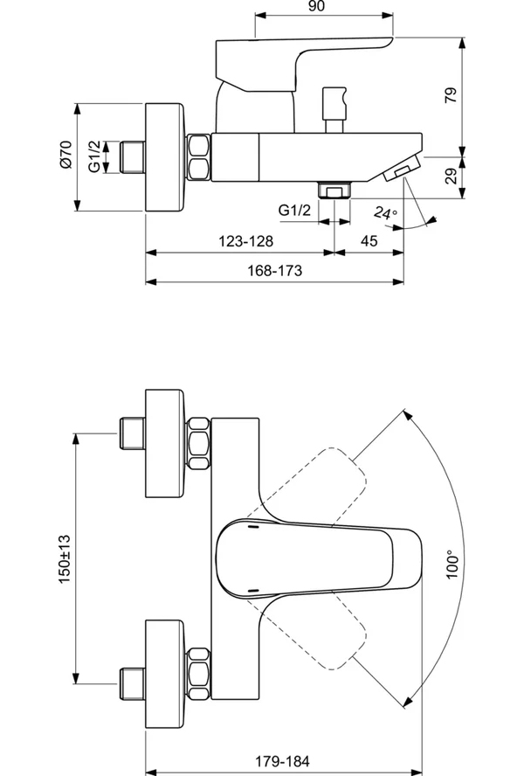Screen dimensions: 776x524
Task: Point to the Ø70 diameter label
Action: (x=65, y=156)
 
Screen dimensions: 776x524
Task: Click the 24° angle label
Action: (x=385, y=212)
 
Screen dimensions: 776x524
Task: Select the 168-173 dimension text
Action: (x=275, y=271)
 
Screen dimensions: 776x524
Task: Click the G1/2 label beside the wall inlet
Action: (x=95, y=156)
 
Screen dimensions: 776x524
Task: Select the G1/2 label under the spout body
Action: (x=295, y=211)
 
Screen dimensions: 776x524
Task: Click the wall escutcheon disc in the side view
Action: (x=166, y=157)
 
